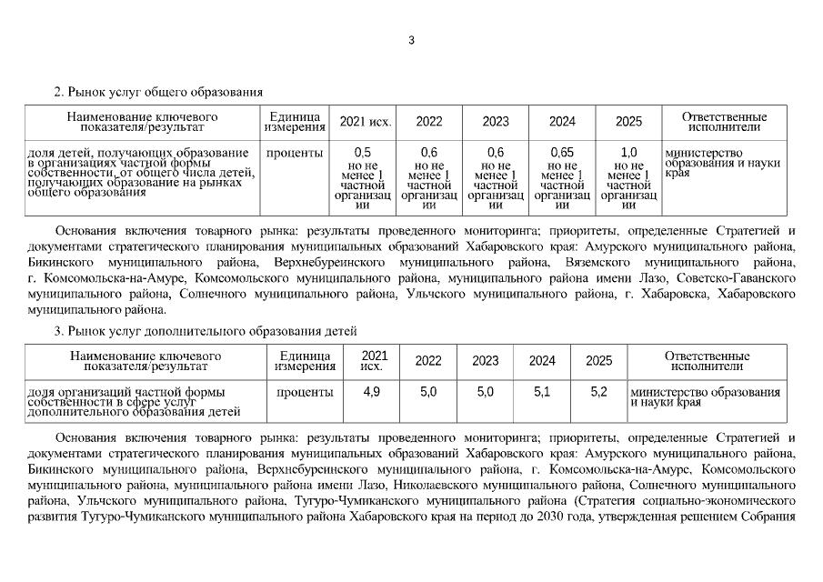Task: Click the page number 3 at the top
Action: (x=411, y=40)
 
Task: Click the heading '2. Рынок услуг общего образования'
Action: (x=158, y=92)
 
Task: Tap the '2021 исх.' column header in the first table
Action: (x=366, y=122)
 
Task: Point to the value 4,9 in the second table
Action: (x=371, y=392)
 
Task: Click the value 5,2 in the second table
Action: (x=598, y=392)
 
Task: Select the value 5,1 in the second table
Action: (x=542, y=392)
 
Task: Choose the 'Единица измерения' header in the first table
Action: (x=294, y=122)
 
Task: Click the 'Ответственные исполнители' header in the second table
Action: (x=707, y=361)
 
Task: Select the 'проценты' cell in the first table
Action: (x=294, y=153)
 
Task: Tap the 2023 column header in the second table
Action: (x=485, y=361)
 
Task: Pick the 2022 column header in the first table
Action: (x=429, y=122)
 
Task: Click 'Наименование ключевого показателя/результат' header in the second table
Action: (x=146, y=361)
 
